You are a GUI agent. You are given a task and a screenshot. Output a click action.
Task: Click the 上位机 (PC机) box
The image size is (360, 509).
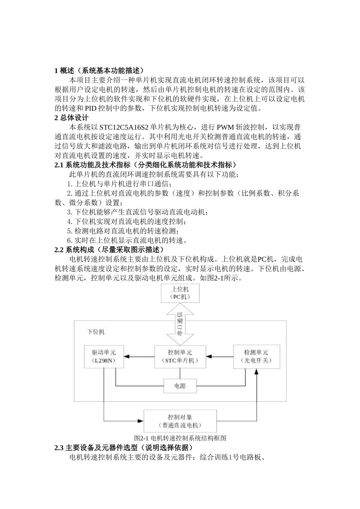pos(180,293)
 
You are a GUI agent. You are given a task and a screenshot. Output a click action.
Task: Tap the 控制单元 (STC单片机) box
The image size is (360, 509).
pos(180,356)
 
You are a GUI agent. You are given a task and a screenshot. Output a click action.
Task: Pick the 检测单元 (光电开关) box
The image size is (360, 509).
pos(257,356)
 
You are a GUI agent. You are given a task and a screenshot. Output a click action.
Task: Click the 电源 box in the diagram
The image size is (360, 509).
pos(180,386)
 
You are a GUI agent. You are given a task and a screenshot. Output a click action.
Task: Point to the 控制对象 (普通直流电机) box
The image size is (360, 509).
pos(180,421)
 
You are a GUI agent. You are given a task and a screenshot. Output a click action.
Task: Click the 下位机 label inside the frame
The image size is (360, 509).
pos(96,332)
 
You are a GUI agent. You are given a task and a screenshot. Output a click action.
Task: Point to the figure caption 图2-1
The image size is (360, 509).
pos(180,438)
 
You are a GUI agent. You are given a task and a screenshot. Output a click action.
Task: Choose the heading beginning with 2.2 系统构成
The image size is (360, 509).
pos(110,250)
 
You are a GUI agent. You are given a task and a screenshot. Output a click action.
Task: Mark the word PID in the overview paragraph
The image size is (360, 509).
pos(91,108)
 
